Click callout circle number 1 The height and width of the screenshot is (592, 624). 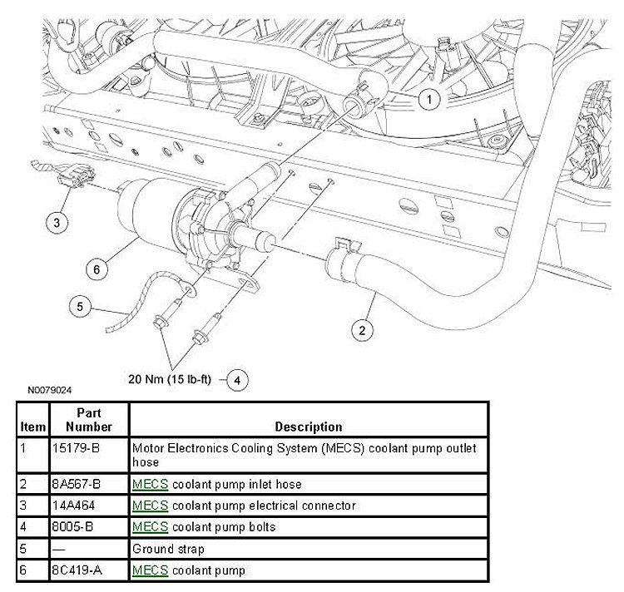coord(428,101)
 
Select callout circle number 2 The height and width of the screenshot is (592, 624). coord(361,331)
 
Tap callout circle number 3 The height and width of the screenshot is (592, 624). coord(56,222)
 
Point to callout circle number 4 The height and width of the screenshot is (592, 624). coord(237,380)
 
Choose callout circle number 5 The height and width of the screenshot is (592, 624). coord(80,307)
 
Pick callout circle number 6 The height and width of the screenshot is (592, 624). coord(97,269)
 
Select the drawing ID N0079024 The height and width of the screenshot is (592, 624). coord(49,389)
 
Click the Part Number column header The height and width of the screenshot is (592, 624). coord(89,420)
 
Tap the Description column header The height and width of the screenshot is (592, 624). coord(308,427)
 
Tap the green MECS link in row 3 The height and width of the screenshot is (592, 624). coord(151,506)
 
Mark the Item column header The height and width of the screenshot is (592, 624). coord(33,427)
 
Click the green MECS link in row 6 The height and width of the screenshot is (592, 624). coord(151,570)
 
